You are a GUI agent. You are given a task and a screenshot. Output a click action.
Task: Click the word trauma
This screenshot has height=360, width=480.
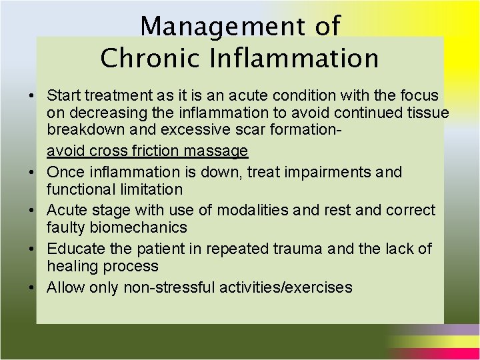(x=301, y=249)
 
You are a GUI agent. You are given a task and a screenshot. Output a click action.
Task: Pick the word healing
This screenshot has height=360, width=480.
(x=71, y=267)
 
